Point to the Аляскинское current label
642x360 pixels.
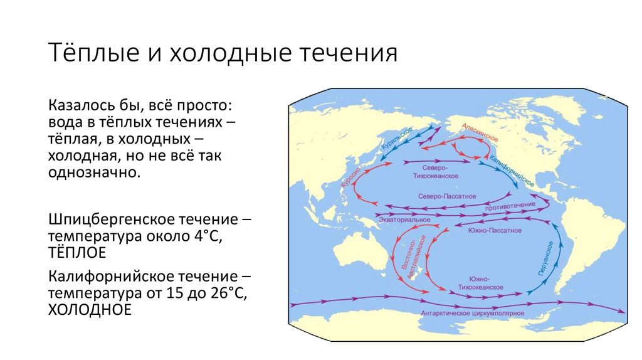480,132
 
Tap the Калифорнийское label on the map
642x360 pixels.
511,171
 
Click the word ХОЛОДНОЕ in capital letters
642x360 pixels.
90,309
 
